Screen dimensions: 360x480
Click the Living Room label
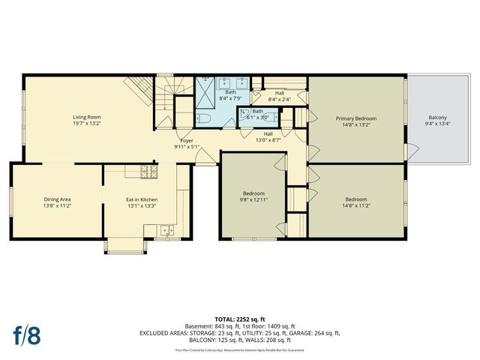[87, 117]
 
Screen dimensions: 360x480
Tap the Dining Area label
[56, 199]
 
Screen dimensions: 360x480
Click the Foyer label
[187, 140]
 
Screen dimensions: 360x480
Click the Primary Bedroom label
[355, 118]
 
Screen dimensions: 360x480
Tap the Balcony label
[437, 118]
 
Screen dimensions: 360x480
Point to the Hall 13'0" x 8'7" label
[268, 136]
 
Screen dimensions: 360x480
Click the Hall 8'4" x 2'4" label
[279, 95]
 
